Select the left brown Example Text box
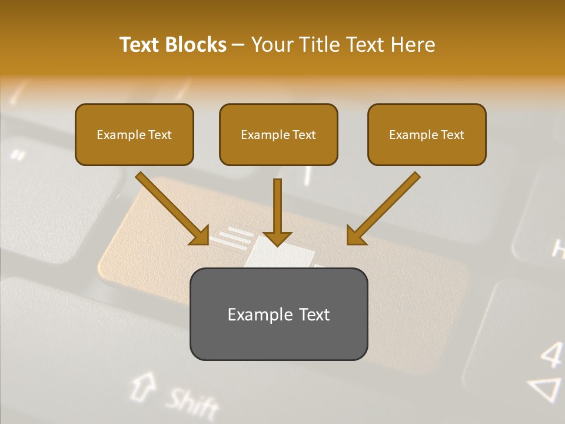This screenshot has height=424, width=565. pyautogui.click(x=134, y=134)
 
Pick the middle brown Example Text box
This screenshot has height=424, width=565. pyautogui.click(x=278, y=134)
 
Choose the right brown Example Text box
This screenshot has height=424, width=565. pyautogui.click(x=427, y=134)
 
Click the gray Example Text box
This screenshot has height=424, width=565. pyautogui.click(x=278, y=314)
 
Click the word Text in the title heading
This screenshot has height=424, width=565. pyautogui.click(x=139, y=45)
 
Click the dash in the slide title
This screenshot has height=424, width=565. pyautogui.click(x=238, y=45)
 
